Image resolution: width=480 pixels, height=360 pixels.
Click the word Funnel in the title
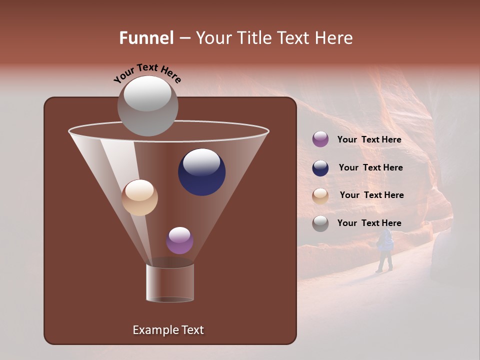(x=146, y=38)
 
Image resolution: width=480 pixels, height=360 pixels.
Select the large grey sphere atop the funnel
(x=147, y=106)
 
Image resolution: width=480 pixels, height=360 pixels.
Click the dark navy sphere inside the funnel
(x=202, y=172)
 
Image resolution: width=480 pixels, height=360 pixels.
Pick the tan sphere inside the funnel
(x=139, y=197)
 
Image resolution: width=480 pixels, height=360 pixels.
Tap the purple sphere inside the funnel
(x=179, y=240)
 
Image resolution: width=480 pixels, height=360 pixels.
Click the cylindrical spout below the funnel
(x=170, y=282)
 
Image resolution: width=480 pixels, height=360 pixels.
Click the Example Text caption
(x=168, y=330)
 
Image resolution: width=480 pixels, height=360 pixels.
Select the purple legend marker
(x=320, y=139)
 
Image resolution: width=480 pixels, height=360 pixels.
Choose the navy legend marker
(x=320, y=168)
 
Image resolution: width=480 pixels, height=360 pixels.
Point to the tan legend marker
(x=320, y=196)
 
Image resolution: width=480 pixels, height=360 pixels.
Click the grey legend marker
(x=320, y=223)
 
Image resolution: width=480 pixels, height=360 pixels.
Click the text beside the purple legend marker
(x=369, y=139)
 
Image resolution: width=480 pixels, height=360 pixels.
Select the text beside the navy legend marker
(x=370, y=167)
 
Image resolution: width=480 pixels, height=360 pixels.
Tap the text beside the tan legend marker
(x=371, y=195)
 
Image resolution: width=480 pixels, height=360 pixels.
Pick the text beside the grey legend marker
(x=369, y=223)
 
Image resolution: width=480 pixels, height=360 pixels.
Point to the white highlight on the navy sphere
(x=201, y=161)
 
